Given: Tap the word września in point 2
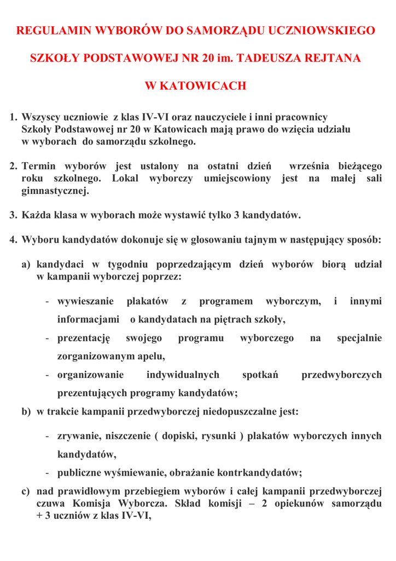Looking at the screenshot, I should click(x=309, y=166).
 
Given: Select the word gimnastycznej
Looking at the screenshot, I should click(x=55, y=191).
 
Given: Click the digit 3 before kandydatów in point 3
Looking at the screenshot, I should click(x=236, y=215).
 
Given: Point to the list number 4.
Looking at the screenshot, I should click(x=13, y=240).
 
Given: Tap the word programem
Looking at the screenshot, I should click(x=226, y=301).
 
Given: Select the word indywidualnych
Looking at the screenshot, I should click(x=183, y=375).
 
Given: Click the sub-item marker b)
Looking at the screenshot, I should click(x=26, y=412).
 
